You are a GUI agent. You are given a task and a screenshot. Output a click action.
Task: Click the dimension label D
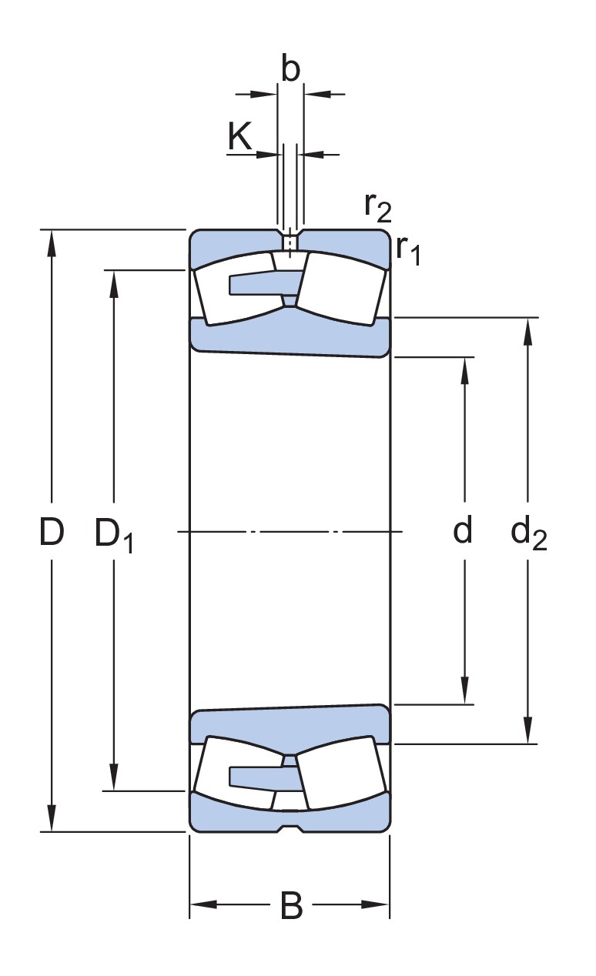(51, 532)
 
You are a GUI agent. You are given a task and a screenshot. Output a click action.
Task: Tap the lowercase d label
(462, 530)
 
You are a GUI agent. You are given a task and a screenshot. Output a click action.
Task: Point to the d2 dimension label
(528, 533)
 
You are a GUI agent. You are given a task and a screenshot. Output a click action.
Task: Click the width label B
(291, 906)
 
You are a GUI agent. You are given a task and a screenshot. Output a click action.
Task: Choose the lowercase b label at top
(290, 69)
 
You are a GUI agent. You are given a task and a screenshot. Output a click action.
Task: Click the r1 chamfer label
(408, 250)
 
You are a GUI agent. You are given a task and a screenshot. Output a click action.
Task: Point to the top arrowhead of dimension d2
(528, 328)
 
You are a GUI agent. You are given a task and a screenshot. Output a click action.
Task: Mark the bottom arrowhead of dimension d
(465, 693)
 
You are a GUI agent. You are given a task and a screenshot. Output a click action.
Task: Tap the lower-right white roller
(343, 777)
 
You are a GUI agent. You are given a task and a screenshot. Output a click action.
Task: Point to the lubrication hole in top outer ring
(290, 243)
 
